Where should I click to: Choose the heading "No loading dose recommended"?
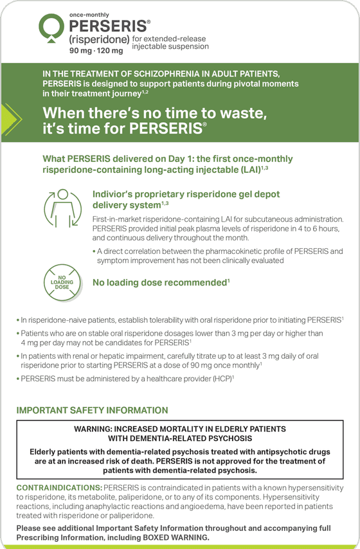coord(161,282)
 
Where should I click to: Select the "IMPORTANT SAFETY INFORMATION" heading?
coord(92,410)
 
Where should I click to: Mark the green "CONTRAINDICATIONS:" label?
coord(59,487)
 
